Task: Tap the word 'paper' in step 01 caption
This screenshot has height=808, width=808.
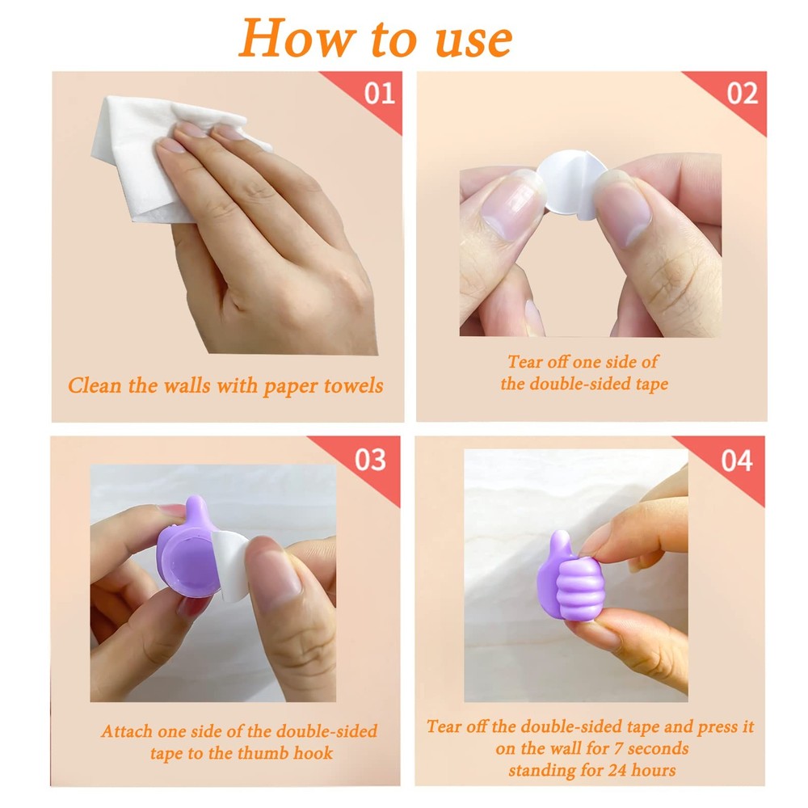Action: click(292, 385)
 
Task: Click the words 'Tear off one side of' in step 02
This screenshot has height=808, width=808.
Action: click(583, 362)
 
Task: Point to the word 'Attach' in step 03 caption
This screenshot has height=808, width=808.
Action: click(127, 731)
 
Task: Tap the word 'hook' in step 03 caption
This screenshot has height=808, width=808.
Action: click(314, 753)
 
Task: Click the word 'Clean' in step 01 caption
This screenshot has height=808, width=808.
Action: click(93, 385)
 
